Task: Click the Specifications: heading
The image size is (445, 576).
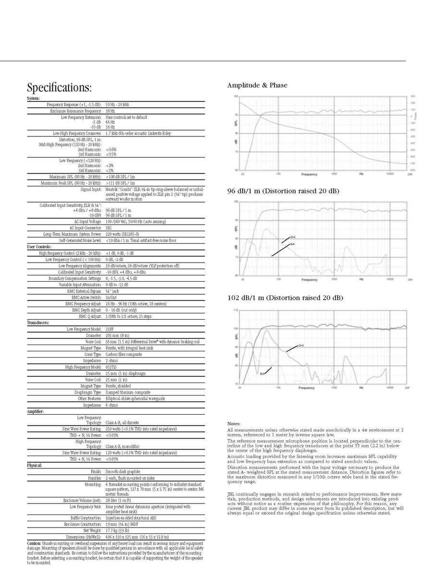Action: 59,88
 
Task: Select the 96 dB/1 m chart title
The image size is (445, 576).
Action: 283,192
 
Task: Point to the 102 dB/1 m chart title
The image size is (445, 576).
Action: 285,298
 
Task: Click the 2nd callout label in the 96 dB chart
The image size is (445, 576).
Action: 292,238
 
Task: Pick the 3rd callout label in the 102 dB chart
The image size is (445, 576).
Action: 263,373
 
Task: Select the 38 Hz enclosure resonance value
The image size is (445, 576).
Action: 109,111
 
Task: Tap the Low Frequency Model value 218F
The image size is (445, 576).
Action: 110,329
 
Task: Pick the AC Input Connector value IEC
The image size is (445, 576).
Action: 108,228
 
